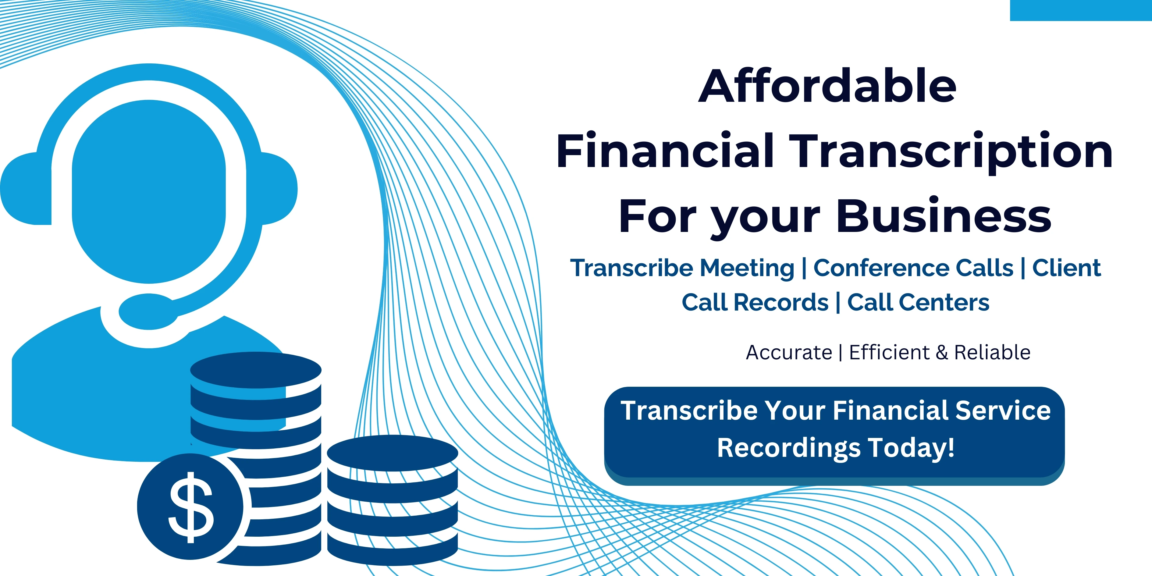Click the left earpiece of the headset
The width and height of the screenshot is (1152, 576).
(x=26, y=188)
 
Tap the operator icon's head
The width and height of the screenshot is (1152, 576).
(x=149, y=191)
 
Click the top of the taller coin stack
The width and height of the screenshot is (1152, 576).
(x=256, y=370)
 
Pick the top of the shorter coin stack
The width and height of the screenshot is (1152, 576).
(x=393, y=453)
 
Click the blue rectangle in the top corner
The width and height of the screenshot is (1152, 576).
(x=1081, y=10)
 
